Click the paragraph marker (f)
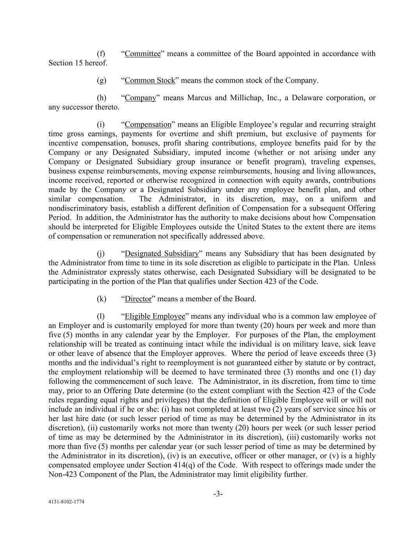click(x=101, y=54)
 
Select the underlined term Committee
click(x=143, y=54)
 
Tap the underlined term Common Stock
click(x=150, y=81)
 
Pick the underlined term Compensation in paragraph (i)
click(x=148, y=125)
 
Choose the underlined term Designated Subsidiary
click(x=162, y=254)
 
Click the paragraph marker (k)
click(x=101, y=299)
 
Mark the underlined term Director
click(x=138, y=299)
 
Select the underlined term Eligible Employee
click(x=155, y=316)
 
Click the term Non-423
click(x=62, y=475)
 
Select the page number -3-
click(x=218, y=494)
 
